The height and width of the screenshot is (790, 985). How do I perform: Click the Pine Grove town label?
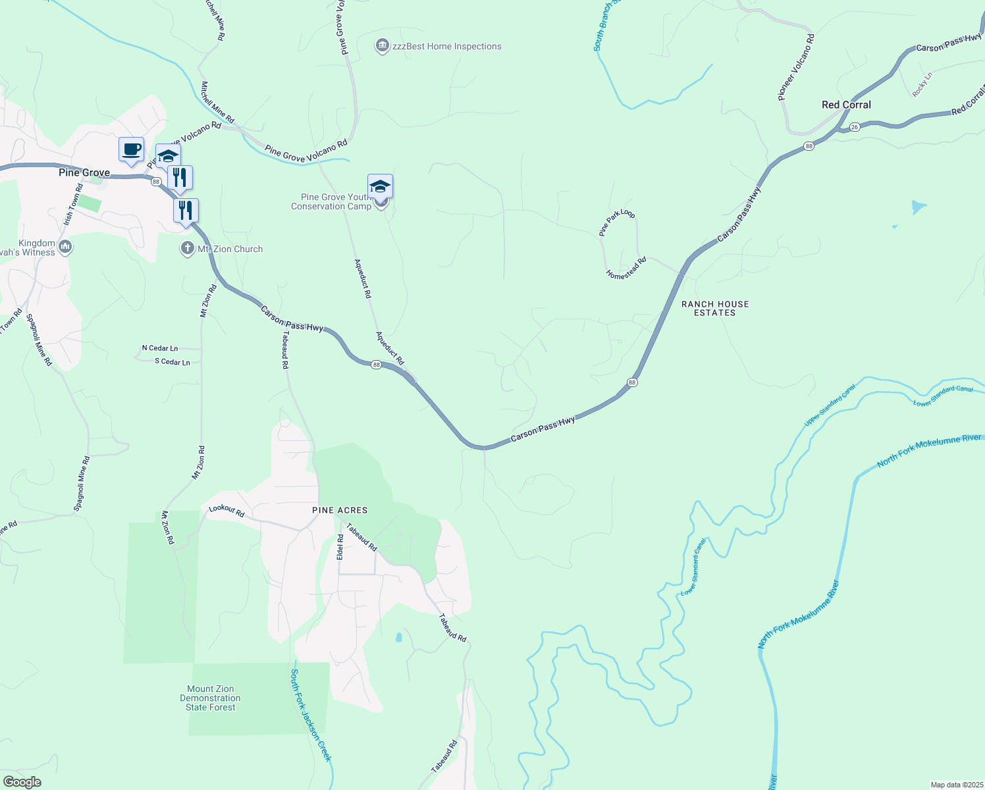pos(84,172)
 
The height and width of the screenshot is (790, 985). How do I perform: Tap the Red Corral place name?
pos(846,105)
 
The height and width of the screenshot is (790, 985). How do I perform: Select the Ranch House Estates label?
pos(715,308)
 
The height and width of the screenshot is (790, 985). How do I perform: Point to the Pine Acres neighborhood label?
pos(340,510)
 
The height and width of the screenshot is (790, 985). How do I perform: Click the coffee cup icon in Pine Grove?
pos(132,149)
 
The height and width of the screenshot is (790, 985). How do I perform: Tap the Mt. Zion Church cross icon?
pos(188,249)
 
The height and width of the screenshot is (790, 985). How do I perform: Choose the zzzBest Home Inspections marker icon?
pos(382,46)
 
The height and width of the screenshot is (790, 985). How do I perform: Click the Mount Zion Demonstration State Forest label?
pos(211,698)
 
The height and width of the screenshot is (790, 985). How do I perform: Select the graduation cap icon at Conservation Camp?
pos(381,186)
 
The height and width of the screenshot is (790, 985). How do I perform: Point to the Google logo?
pos(22,782)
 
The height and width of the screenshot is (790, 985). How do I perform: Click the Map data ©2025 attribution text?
pos(956,785)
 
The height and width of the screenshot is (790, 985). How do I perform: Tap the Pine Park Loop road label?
pos(617,223)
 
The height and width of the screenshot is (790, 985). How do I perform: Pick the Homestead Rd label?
pos(627,269)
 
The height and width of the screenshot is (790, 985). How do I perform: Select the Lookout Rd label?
pos(226,510)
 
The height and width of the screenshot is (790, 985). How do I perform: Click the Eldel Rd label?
pos(340,546)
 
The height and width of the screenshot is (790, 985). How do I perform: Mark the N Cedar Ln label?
pos(160,348)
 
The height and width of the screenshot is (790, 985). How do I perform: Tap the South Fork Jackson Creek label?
pos(311,715)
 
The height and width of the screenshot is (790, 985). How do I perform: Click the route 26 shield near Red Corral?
pos(854,126)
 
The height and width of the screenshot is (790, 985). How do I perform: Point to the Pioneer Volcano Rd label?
pos(796,67)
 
